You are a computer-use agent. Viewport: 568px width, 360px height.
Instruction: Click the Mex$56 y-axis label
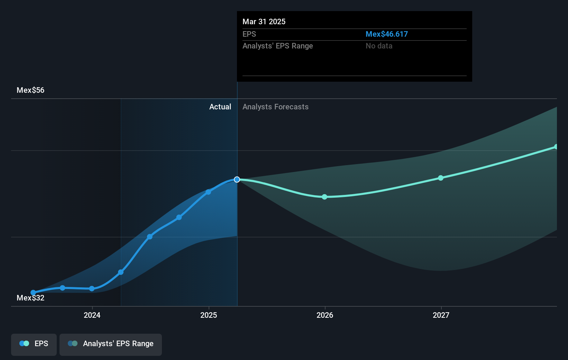point(30,90)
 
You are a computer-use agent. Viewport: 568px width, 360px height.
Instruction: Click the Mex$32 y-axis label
point(30,298)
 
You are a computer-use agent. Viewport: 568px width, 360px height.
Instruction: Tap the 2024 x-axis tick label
point(92,315)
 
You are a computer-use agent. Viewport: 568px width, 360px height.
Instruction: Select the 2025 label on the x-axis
point(209,315)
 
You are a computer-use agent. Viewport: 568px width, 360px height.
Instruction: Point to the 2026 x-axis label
point(325,315)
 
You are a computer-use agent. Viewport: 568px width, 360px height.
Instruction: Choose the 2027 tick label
point(441,315)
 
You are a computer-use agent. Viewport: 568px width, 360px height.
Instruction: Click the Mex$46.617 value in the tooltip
point(387,34)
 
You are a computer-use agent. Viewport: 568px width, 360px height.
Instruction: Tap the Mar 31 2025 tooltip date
point(264,21)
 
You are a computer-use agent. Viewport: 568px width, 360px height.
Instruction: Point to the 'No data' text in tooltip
point(379,46)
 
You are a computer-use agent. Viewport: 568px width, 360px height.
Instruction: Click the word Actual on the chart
point(220,107)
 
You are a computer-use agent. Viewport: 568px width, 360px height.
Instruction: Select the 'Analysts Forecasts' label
point(275,107)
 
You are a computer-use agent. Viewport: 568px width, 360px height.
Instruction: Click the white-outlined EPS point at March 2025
point(237,180)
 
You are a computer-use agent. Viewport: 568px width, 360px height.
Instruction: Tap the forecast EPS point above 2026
point(324,197)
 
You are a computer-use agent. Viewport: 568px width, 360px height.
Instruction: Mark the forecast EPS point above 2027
point(441,178)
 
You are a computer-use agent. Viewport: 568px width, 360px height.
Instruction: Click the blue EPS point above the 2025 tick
point(208,192)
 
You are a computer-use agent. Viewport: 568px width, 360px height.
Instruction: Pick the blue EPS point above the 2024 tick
point(92,289)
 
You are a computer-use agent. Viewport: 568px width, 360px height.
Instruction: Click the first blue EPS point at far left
point(33,292)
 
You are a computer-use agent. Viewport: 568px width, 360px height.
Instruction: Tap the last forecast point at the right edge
point(556,147)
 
